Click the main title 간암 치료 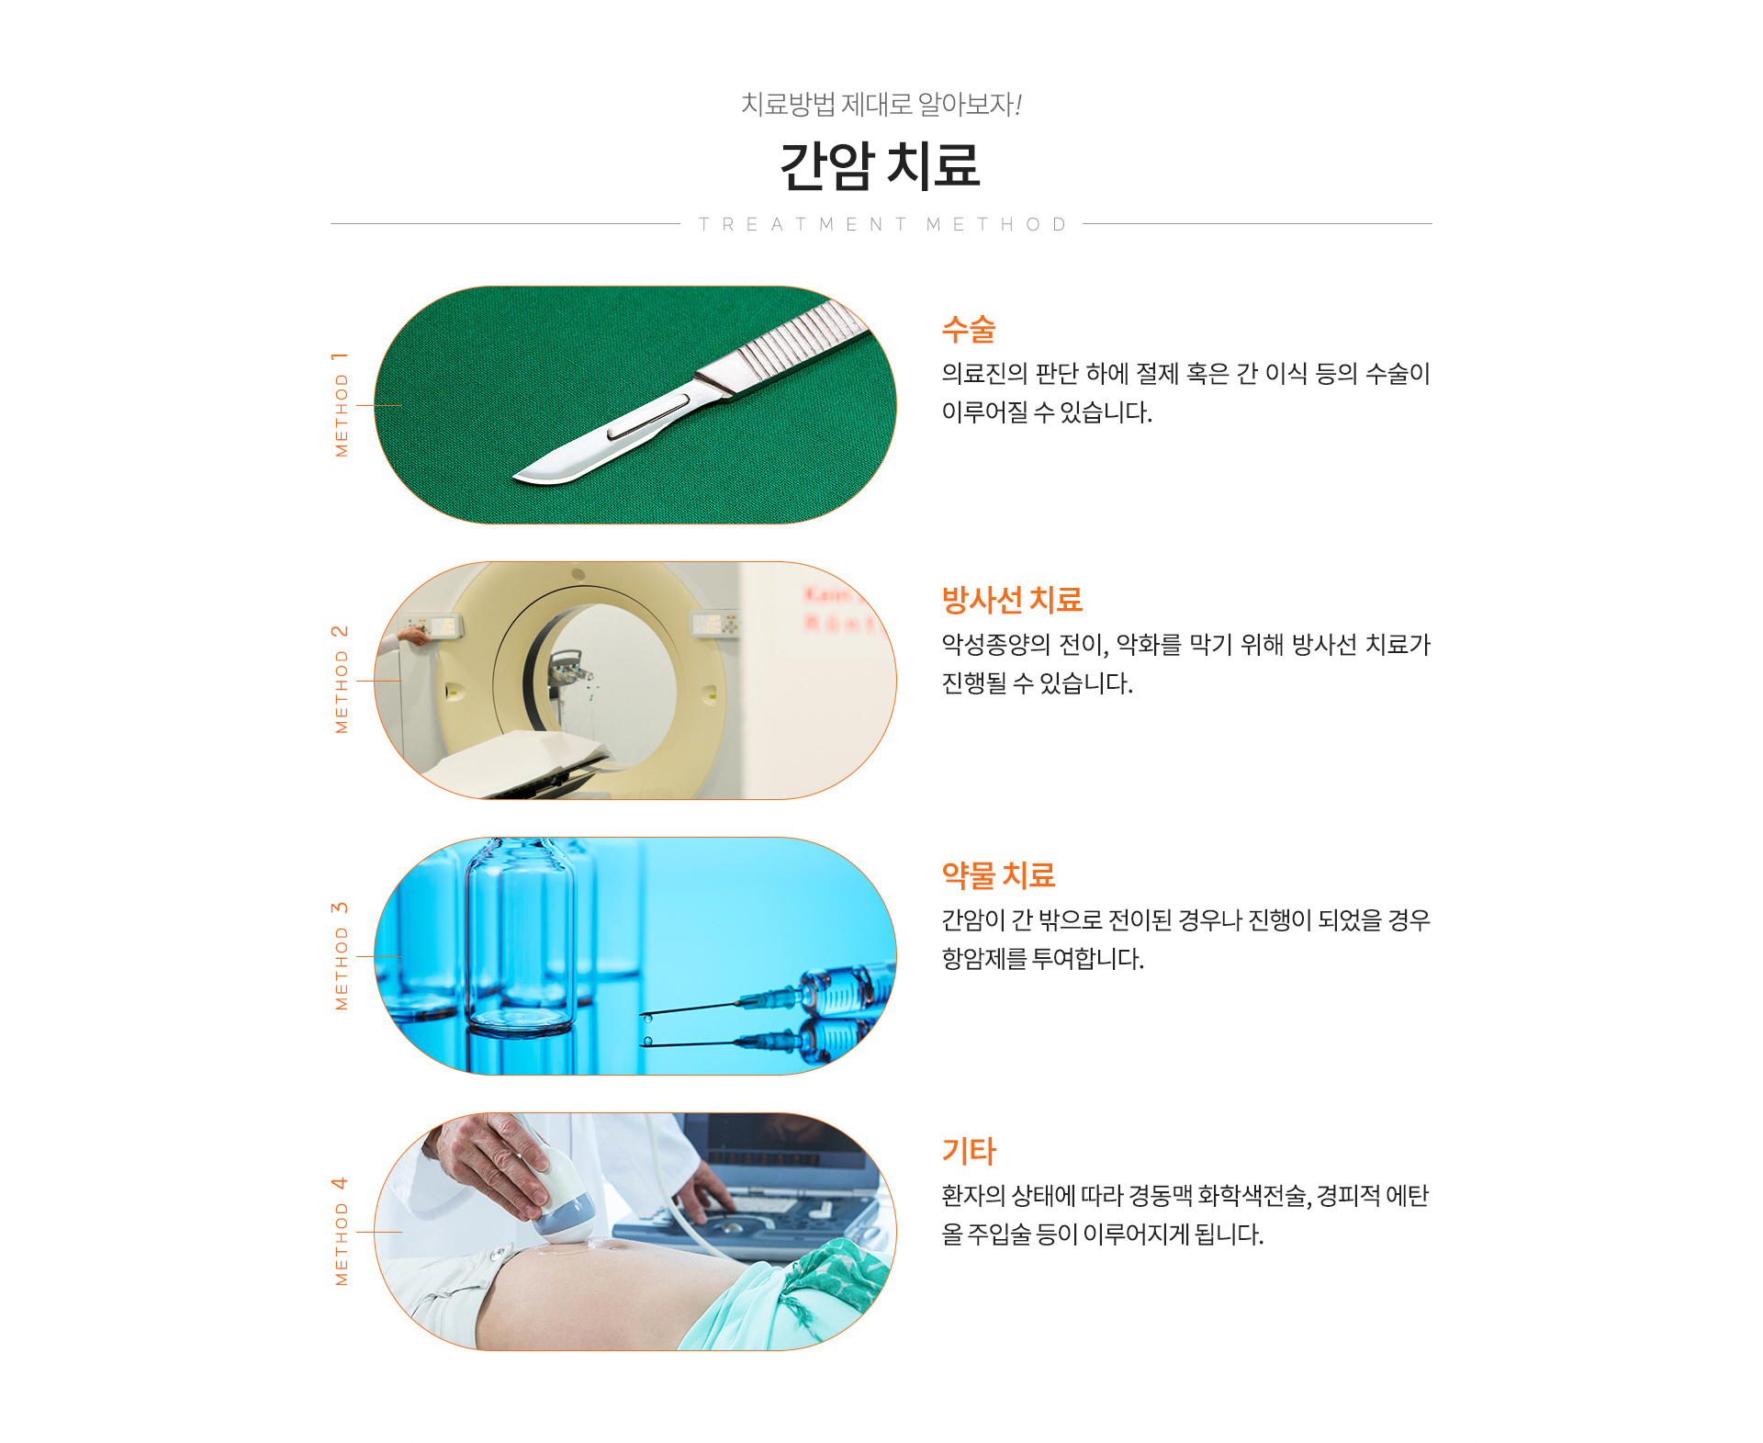[880, 166]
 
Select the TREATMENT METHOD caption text [882, 224]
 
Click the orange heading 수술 [969, 329]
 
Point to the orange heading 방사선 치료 [1012, 600]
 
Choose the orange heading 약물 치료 [998, 875]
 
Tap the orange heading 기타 [969, 1151]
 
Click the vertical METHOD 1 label [341, 404]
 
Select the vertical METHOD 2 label [341, 680]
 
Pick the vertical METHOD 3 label [341, 956]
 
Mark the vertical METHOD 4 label [341, 1232]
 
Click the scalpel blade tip [515, 477]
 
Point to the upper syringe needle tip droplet [647, 1018]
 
